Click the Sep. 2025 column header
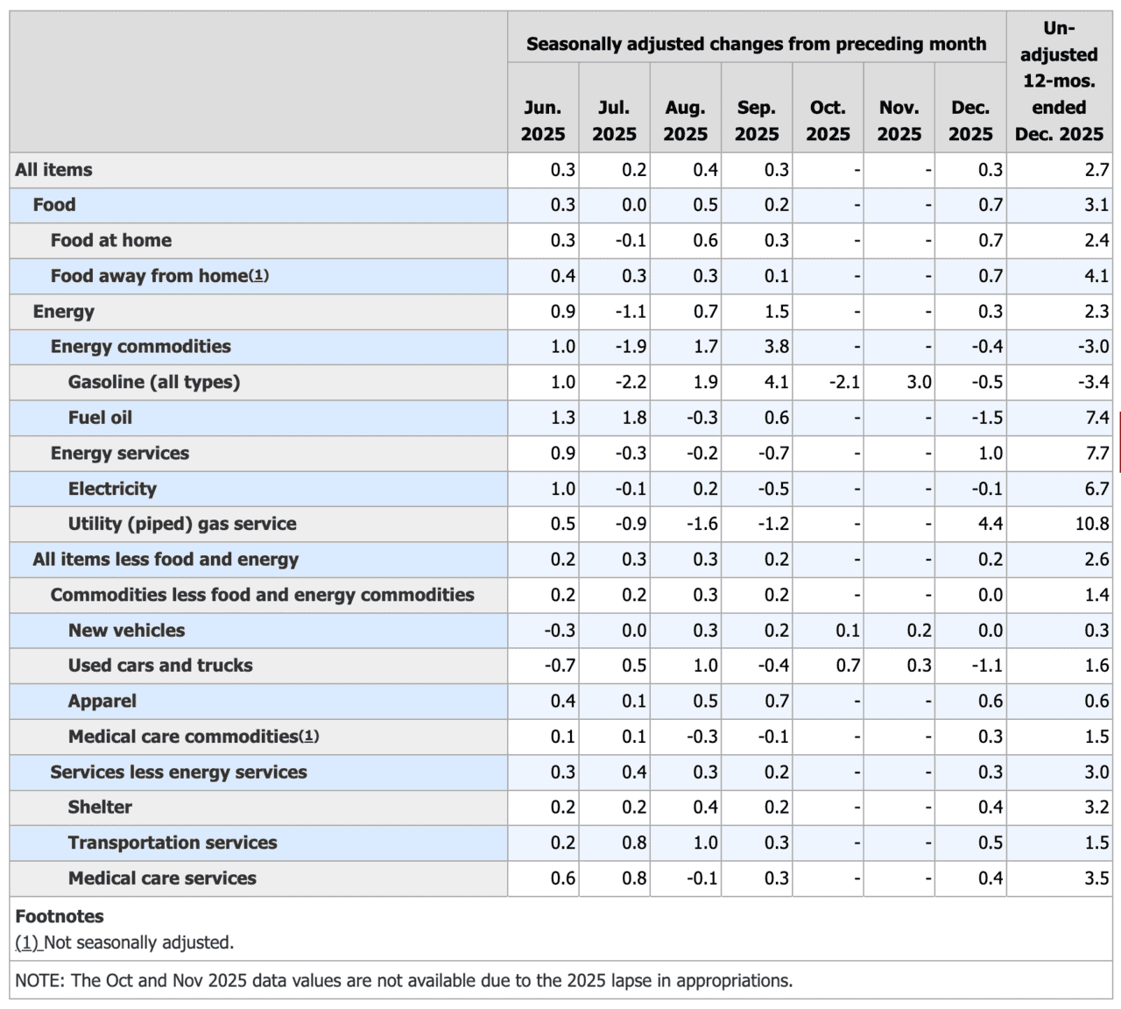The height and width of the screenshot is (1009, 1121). point(757,121)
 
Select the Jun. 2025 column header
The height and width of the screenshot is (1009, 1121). point(543,121)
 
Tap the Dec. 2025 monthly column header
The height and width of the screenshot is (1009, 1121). point(970,121)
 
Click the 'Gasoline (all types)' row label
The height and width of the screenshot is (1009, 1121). point(154,382)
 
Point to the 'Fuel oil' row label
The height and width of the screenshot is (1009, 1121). point(100,418)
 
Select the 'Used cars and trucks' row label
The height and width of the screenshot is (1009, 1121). point(160,666)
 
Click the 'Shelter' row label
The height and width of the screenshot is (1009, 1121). point(100,808)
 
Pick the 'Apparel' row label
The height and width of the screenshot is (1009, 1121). point(102,701)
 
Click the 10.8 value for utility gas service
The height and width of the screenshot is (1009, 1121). point(1092,524)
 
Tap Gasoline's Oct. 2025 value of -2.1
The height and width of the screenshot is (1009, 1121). point(843,382)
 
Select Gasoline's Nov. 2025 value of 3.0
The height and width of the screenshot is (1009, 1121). point(919,382)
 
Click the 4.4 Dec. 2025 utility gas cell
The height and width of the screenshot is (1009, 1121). point(991,524)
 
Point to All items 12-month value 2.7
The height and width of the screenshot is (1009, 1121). point(1096,170)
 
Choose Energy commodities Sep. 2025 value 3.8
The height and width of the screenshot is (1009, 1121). point(776,347)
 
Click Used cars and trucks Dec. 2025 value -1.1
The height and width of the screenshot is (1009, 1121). point(986,666)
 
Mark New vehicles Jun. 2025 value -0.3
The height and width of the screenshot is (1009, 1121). point(560,631)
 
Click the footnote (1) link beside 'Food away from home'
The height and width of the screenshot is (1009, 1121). point(258,276)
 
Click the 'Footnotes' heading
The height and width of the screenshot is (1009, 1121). point(60,916)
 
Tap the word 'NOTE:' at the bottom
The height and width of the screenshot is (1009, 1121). point(39,980)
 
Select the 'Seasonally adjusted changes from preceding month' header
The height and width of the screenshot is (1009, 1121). point(756,44)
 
